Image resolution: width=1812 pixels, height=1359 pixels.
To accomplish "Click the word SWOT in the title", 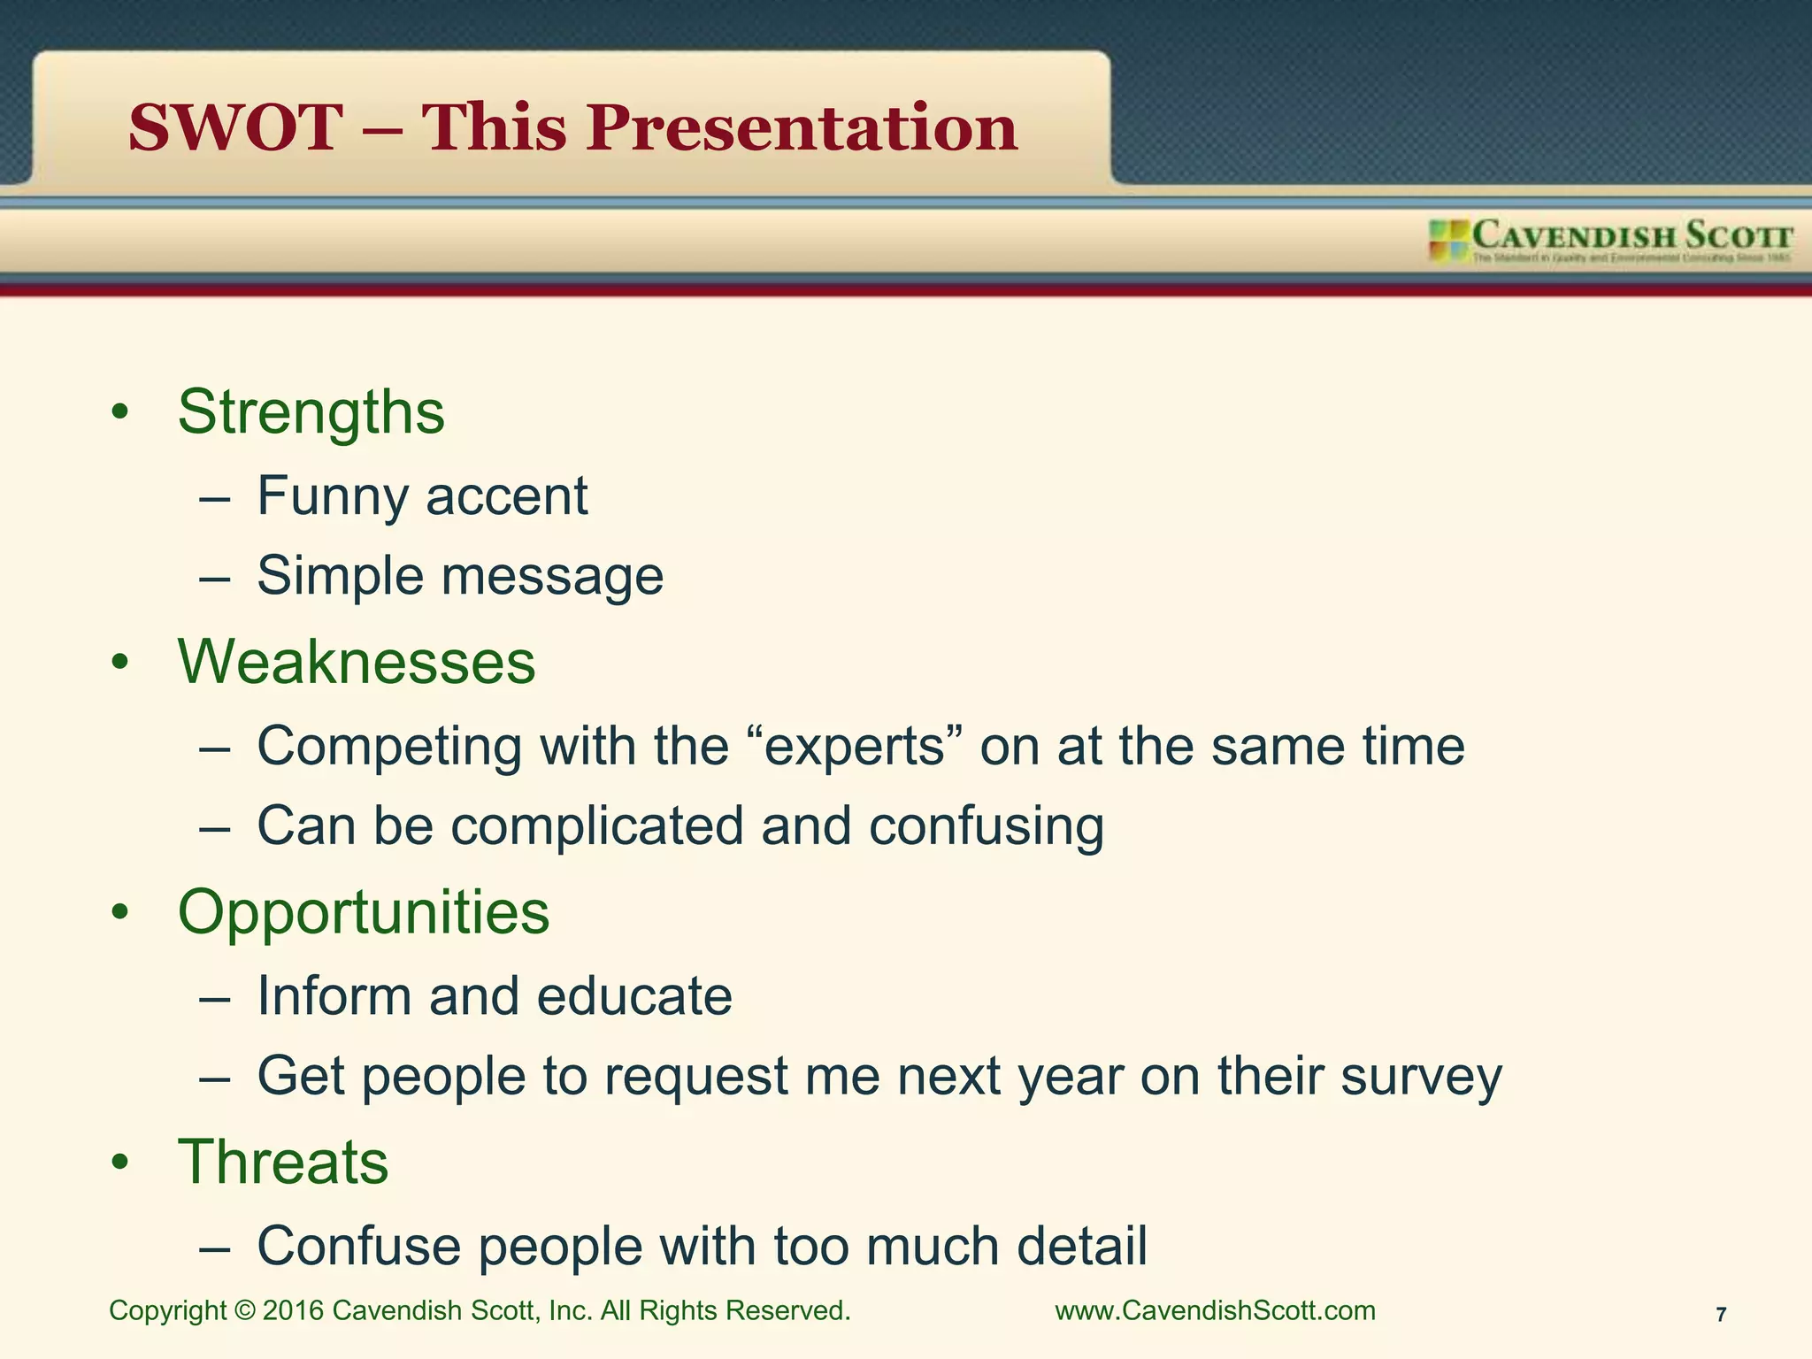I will (x=235, y=127).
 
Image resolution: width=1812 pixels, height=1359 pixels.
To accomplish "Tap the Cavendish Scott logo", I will (x=1610, y=241).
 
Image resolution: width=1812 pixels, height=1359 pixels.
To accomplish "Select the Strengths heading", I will (x=311, y=412).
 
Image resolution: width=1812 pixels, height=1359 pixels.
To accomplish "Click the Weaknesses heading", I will (x=357, y=662).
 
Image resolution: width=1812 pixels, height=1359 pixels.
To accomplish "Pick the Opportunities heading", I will (x=364, y=912).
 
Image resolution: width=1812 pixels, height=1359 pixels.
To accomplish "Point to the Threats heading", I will (x=283, y=1162).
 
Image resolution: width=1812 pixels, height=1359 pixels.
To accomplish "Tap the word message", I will (x=552, y=576).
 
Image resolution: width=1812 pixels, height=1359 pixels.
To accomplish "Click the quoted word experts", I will (x=856, y=746).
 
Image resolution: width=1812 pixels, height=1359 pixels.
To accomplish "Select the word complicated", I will (x=597, y=826).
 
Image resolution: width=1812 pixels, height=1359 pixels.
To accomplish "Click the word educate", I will (x=634, y=996).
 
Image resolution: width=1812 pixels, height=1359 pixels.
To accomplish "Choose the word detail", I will (x=1081, y=1247).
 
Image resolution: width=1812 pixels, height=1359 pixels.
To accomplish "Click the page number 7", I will (x=1721, y=1315).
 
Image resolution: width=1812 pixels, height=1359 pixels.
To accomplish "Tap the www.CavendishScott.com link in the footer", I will (x=1215, y=1310).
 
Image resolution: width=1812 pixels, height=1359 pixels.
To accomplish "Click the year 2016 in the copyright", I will (x=293, y=1310).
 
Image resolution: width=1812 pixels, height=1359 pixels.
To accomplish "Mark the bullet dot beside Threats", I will (x=120, y=1163).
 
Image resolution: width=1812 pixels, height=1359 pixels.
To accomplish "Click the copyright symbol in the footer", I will (x=244, y=1311).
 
